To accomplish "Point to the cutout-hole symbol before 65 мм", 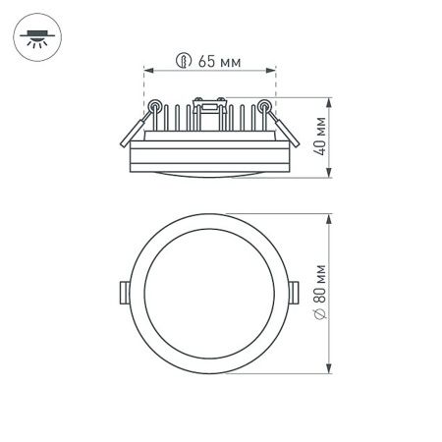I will coord(183,61).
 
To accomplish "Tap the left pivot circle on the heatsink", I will coord(155,103).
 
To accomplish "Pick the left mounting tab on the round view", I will coord(122,292).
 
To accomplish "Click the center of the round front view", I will coord(209,293).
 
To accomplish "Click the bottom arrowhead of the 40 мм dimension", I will coord(331,176).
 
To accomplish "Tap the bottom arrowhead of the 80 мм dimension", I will coord(332,370).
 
